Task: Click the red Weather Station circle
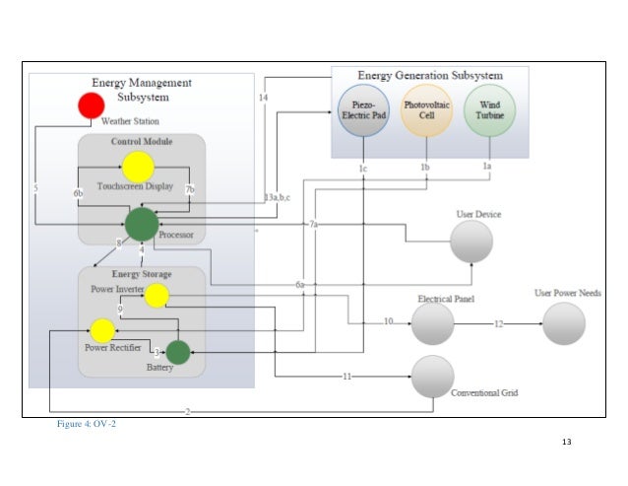click(x=92, y=105)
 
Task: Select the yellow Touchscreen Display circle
click(x=138, y=167)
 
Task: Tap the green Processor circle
click(x=142, y=223)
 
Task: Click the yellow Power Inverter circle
click(x=157, y=295)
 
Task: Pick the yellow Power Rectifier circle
click(x=102, y=331)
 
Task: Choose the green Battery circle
click(x=177, y=351)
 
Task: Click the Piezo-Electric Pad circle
click(x=360, y=112)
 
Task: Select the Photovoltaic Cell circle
click(x=425, y=110)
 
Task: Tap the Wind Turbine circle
click(x=488, y=110)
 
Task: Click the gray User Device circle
click(x=471, y=241)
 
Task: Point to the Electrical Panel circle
click(x=432, y=322)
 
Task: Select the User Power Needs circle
click(x=564, y=322)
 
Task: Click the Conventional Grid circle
click(x=433, y=377)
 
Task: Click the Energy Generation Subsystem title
click(x=429, y=75)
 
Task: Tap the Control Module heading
click(x=142, y=142)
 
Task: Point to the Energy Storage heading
click(x=141, y=274)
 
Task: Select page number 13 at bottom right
click(x=565, y=441)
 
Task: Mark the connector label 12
click(x=498, y=322)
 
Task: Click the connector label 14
click(x=263, y=98)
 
